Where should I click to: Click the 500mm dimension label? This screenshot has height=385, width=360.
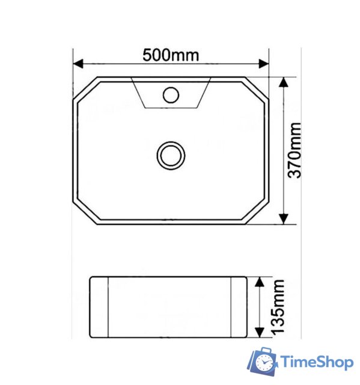coord(170,55)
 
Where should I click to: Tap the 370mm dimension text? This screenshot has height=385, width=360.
coord(295,150)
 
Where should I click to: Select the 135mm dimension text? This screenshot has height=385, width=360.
coord(277,307)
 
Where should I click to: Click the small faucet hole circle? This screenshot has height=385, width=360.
coord(171,94)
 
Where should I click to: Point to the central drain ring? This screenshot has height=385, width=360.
coord(171,155)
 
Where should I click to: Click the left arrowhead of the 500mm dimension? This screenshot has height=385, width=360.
coord(78,63)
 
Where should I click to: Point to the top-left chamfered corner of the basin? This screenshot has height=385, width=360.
coord(84,88)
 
